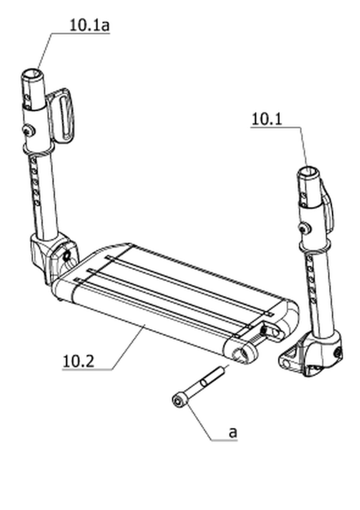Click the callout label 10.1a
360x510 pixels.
coord(90,26)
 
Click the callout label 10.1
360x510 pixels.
coord(267,119)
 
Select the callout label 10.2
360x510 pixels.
coord(78,361)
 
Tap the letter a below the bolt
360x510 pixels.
coord(233,433)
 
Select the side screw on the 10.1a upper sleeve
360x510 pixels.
coord(28,131)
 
